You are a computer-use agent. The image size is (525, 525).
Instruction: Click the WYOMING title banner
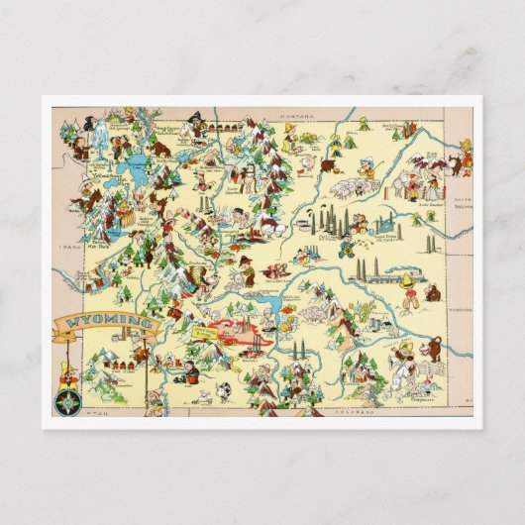pyautogui.click(x=105, y=322)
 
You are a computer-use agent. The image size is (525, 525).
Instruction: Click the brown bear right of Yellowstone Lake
pyautogui.click(x=158, y=150)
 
